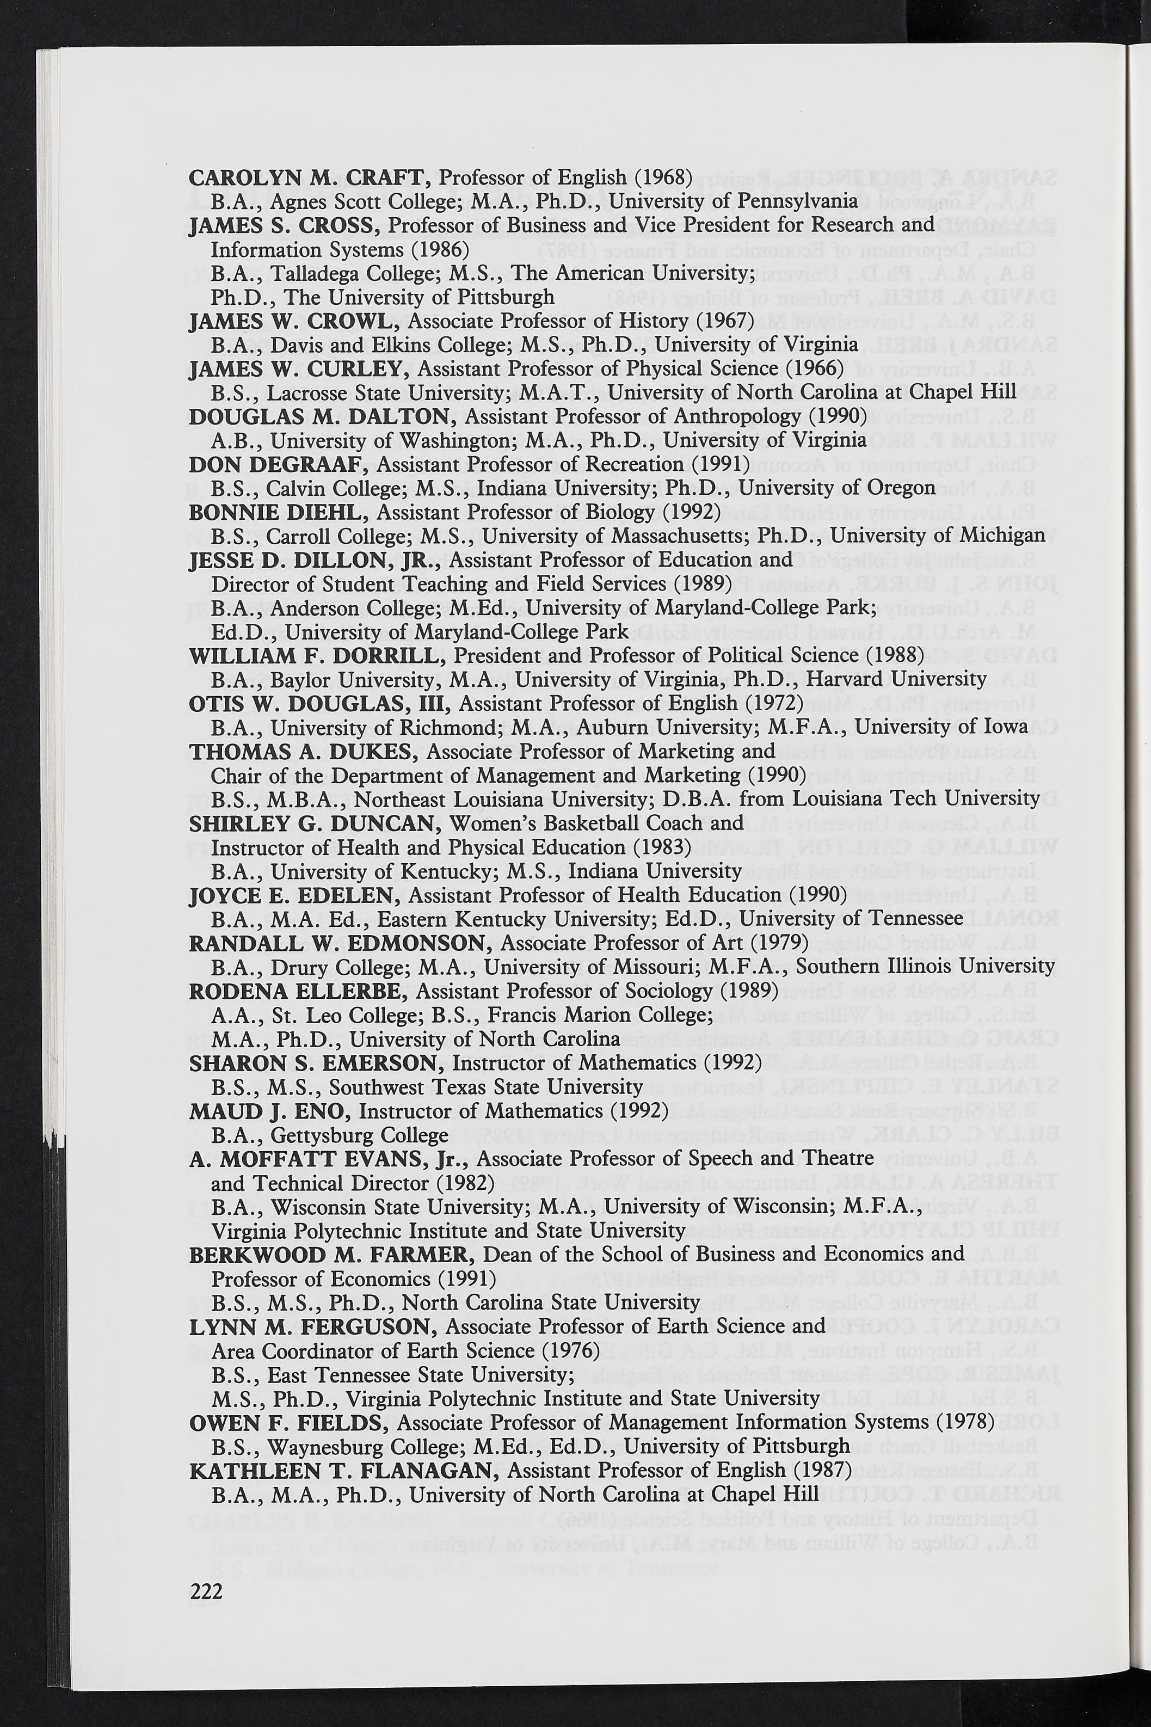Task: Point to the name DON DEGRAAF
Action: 280,465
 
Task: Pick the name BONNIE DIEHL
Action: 280,512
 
